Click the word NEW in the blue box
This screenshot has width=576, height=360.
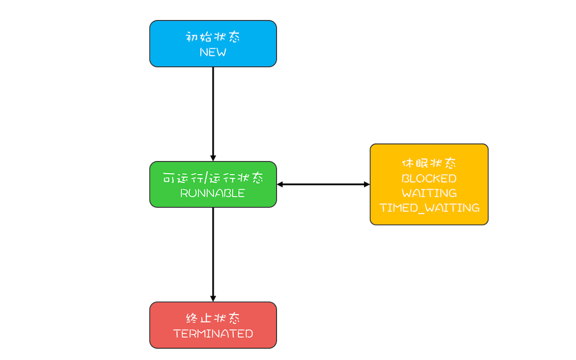[x=213, y=52]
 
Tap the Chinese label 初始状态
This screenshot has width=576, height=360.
[x=213, y=37]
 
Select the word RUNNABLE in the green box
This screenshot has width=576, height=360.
[x=213, y=193]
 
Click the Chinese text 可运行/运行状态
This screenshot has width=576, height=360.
[x=213, y=178]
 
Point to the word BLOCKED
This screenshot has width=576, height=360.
[x=429, y=178]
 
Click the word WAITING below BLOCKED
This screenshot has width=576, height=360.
[x=429, y=193]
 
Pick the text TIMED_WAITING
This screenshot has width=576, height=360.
[x=429, y=208]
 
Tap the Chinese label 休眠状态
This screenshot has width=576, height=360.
[x=429, y=164]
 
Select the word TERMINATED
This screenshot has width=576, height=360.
[x=213, y=334]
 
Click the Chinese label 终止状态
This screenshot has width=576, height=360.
[x=213, y=319]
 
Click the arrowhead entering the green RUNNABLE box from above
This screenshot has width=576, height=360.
[x=213, y=158]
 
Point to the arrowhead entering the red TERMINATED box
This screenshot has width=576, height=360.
[x=213, y=298]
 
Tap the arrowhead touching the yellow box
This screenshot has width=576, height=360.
[x=367, y=185]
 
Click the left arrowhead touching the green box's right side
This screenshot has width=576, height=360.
[x=280, y=185]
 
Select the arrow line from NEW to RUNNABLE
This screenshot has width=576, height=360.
[x=213, y=111]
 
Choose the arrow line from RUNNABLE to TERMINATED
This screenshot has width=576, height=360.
[x=213, y=252]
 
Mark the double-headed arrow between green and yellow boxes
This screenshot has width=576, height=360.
[x=323, y=185]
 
